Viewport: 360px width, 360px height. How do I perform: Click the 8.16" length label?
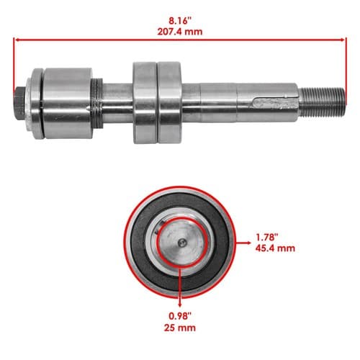click(x=180, y=21)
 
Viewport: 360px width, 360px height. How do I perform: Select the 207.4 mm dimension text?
click(x=180, y=32)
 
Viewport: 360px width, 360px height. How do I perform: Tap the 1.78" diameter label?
click(x=266, y=238)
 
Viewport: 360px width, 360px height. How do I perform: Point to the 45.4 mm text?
click(x=275, y=248)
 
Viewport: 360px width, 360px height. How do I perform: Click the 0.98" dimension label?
click(x=180, y=316)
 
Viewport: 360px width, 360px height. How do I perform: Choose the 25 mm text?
click(x=180, y=328)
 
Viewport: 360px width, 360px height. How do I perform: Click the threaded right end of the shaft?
click(x=322, y=102)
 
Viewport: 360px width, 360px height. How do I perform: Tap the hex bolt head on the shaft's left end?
click(x=20, y=103)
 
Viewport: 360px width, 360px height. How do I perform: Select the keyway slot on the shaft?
click(x=274, y=104)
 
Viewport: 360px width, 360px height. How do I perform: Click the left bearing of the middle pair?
click(x=145, y=103)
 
